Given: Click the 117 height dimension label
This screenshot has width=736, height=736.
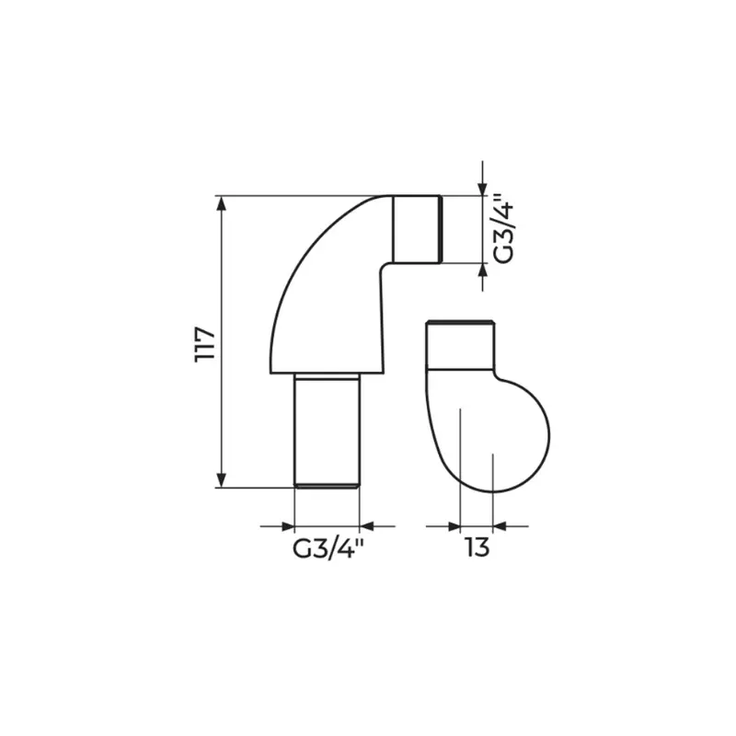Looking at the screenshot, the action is pos(205,344).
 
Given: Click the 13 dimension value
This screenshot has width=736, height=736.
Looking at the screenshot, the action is pos(477,547).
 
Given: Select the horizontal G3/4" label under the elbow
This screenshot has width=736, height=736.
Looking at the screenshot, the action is pos(328,548).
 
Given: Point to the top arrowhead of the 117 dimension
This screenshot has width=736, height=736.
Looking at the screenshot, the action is pos(222,202).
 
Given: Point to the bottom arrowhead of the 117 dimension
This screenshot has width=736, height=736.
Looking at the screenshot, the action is pos(222,480).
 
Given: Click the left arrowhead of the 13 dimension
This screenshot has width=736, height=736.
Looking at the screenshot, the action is pos(454,526).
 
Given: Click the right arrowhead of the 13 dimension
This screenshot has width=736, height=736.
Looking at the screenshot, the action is pos(500,526).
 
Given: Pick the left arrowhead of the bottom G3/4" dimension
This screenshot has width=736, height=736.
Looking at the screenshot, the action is pos(287,526).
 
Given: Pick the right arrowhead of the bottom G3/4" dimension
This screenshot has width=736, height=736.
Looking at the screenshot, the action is pos(366,526).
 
